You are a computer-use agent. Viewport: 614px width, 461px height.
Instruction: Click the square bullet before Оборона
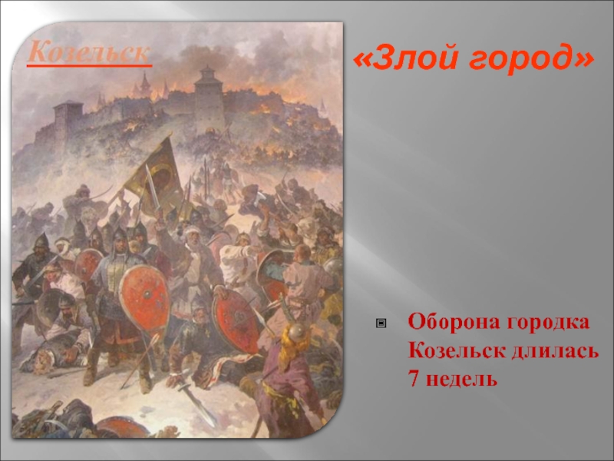[x=381, y=323]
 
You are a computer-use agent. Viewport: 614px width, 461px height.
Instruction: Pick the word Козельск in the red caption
[x=457, y=350]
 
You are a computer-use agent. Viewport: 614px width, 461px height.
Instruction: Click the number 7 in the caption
[x=414, y=378]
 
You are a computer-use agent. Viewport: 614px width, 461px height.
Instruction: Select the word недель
[x=461, y=379]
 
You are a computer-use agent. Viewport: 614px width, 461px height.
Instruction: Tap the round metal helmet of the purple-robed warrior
[x=296, y=331]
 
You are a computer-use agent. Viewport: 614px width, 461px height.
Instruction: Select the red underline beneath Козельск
[x=89, y=65]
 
